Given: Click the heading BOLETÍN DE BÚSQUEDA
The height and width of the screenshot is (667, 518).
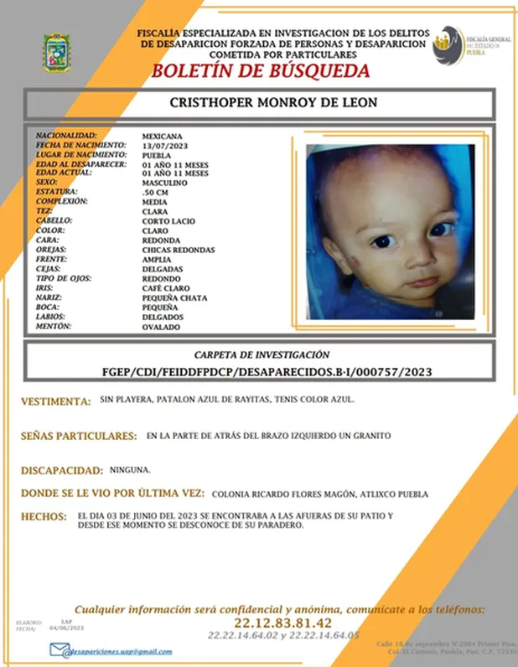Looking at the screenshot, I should (259, 71).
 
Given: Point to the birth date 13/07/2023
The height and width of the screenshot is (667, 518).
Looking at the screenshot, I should (161, 145).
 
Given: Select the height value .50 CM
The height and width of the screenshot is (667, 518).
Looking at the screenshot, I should (155, 193).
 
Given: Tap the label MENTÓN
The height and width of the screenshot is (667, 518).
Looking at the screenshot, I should (54, 327).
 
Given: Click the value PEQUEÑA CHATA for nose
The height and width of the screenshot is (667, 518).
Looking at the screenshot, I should (174, 298).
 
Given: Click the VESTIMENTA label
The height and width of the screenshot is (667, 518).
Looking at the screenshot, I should (56, 402).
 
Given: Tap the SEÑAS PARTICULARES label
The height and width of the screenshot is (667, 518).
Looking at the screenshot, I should (79, 437).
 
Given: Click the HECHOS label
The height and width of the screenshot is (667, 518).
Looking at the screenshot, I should (43, 516).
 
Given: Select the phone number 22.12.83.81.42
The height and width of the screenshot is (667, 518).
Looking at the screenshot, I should (284, 623).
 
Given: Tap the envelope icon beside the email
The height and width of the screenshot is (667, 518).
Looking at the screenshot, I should (59, 650).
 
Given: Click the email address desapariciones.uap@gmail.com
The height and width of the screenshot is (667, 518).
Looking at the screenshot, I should (123, 651).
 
